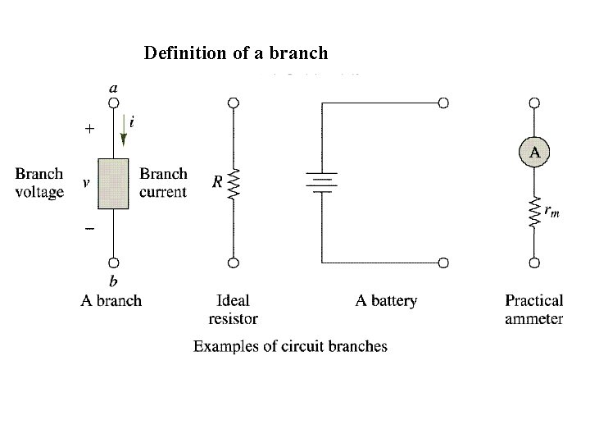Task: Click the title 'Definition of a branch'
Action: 236,53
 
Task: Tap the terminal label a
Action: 112,85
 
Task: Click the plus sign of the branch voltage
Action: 89,129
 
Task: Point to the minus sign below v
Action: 88,227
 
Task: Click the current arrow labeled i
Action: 124,130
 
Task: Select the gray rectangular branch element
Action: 114,184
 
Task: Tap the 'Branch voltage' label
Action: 39,183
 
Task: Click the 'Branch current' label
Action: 163,183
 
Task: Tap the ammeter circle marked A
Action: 534,152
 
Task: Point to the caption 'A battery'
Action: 385,301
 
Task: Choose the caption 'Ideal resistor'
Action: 234,309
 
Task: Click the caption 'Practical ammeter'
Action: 533,309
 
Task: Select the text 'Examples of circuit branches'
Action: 290,346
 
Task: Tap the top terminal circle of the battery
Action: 443,103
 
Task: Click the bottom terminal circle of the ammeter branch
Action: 534,263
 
